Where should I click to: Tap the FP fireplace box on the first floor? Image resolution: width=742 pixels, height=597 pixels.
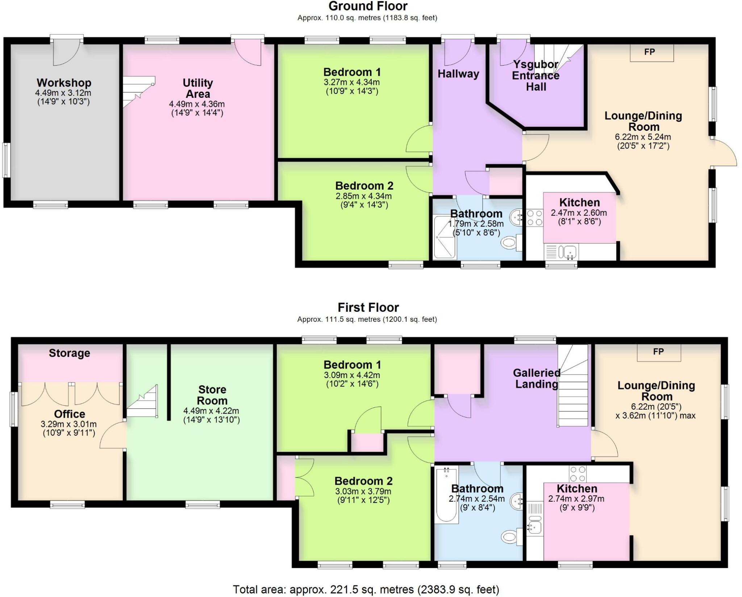tap(659, 352)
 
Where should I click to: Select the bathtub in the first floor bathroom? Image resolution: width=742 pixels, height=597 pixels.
tap(446, 494)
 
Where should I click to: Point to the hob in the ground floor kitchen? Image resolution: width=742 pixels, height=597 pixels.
tap(535, 218)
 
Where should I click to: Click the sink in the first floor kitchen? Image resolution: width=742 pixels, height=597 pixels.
tap(534, 527)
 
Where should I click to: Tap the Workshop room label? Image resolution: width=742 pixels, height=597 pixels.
tap(64, 83)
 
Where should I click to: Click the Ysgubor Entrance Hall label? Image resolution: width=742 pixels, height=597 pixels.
tap(535, 76)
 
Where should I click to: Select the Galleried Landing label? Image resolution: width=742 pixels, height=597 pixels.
tap(537, 378)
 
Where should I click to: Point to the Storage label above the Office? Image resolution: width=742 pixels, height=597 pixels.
tap(69, 353)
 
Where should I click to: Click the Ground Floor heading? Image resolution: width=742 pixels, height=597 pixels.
tap(368, 6)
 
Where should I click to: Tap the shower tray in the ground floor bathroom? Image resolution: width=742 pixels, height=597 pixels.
tap(445, 237)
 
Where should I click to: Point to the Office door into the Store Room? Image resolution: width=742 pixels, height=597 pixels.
tap(112, 435)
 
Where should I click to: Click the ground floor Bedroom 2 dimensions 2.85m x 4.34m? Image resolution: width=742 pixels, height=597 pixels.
tap(363, 196)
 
